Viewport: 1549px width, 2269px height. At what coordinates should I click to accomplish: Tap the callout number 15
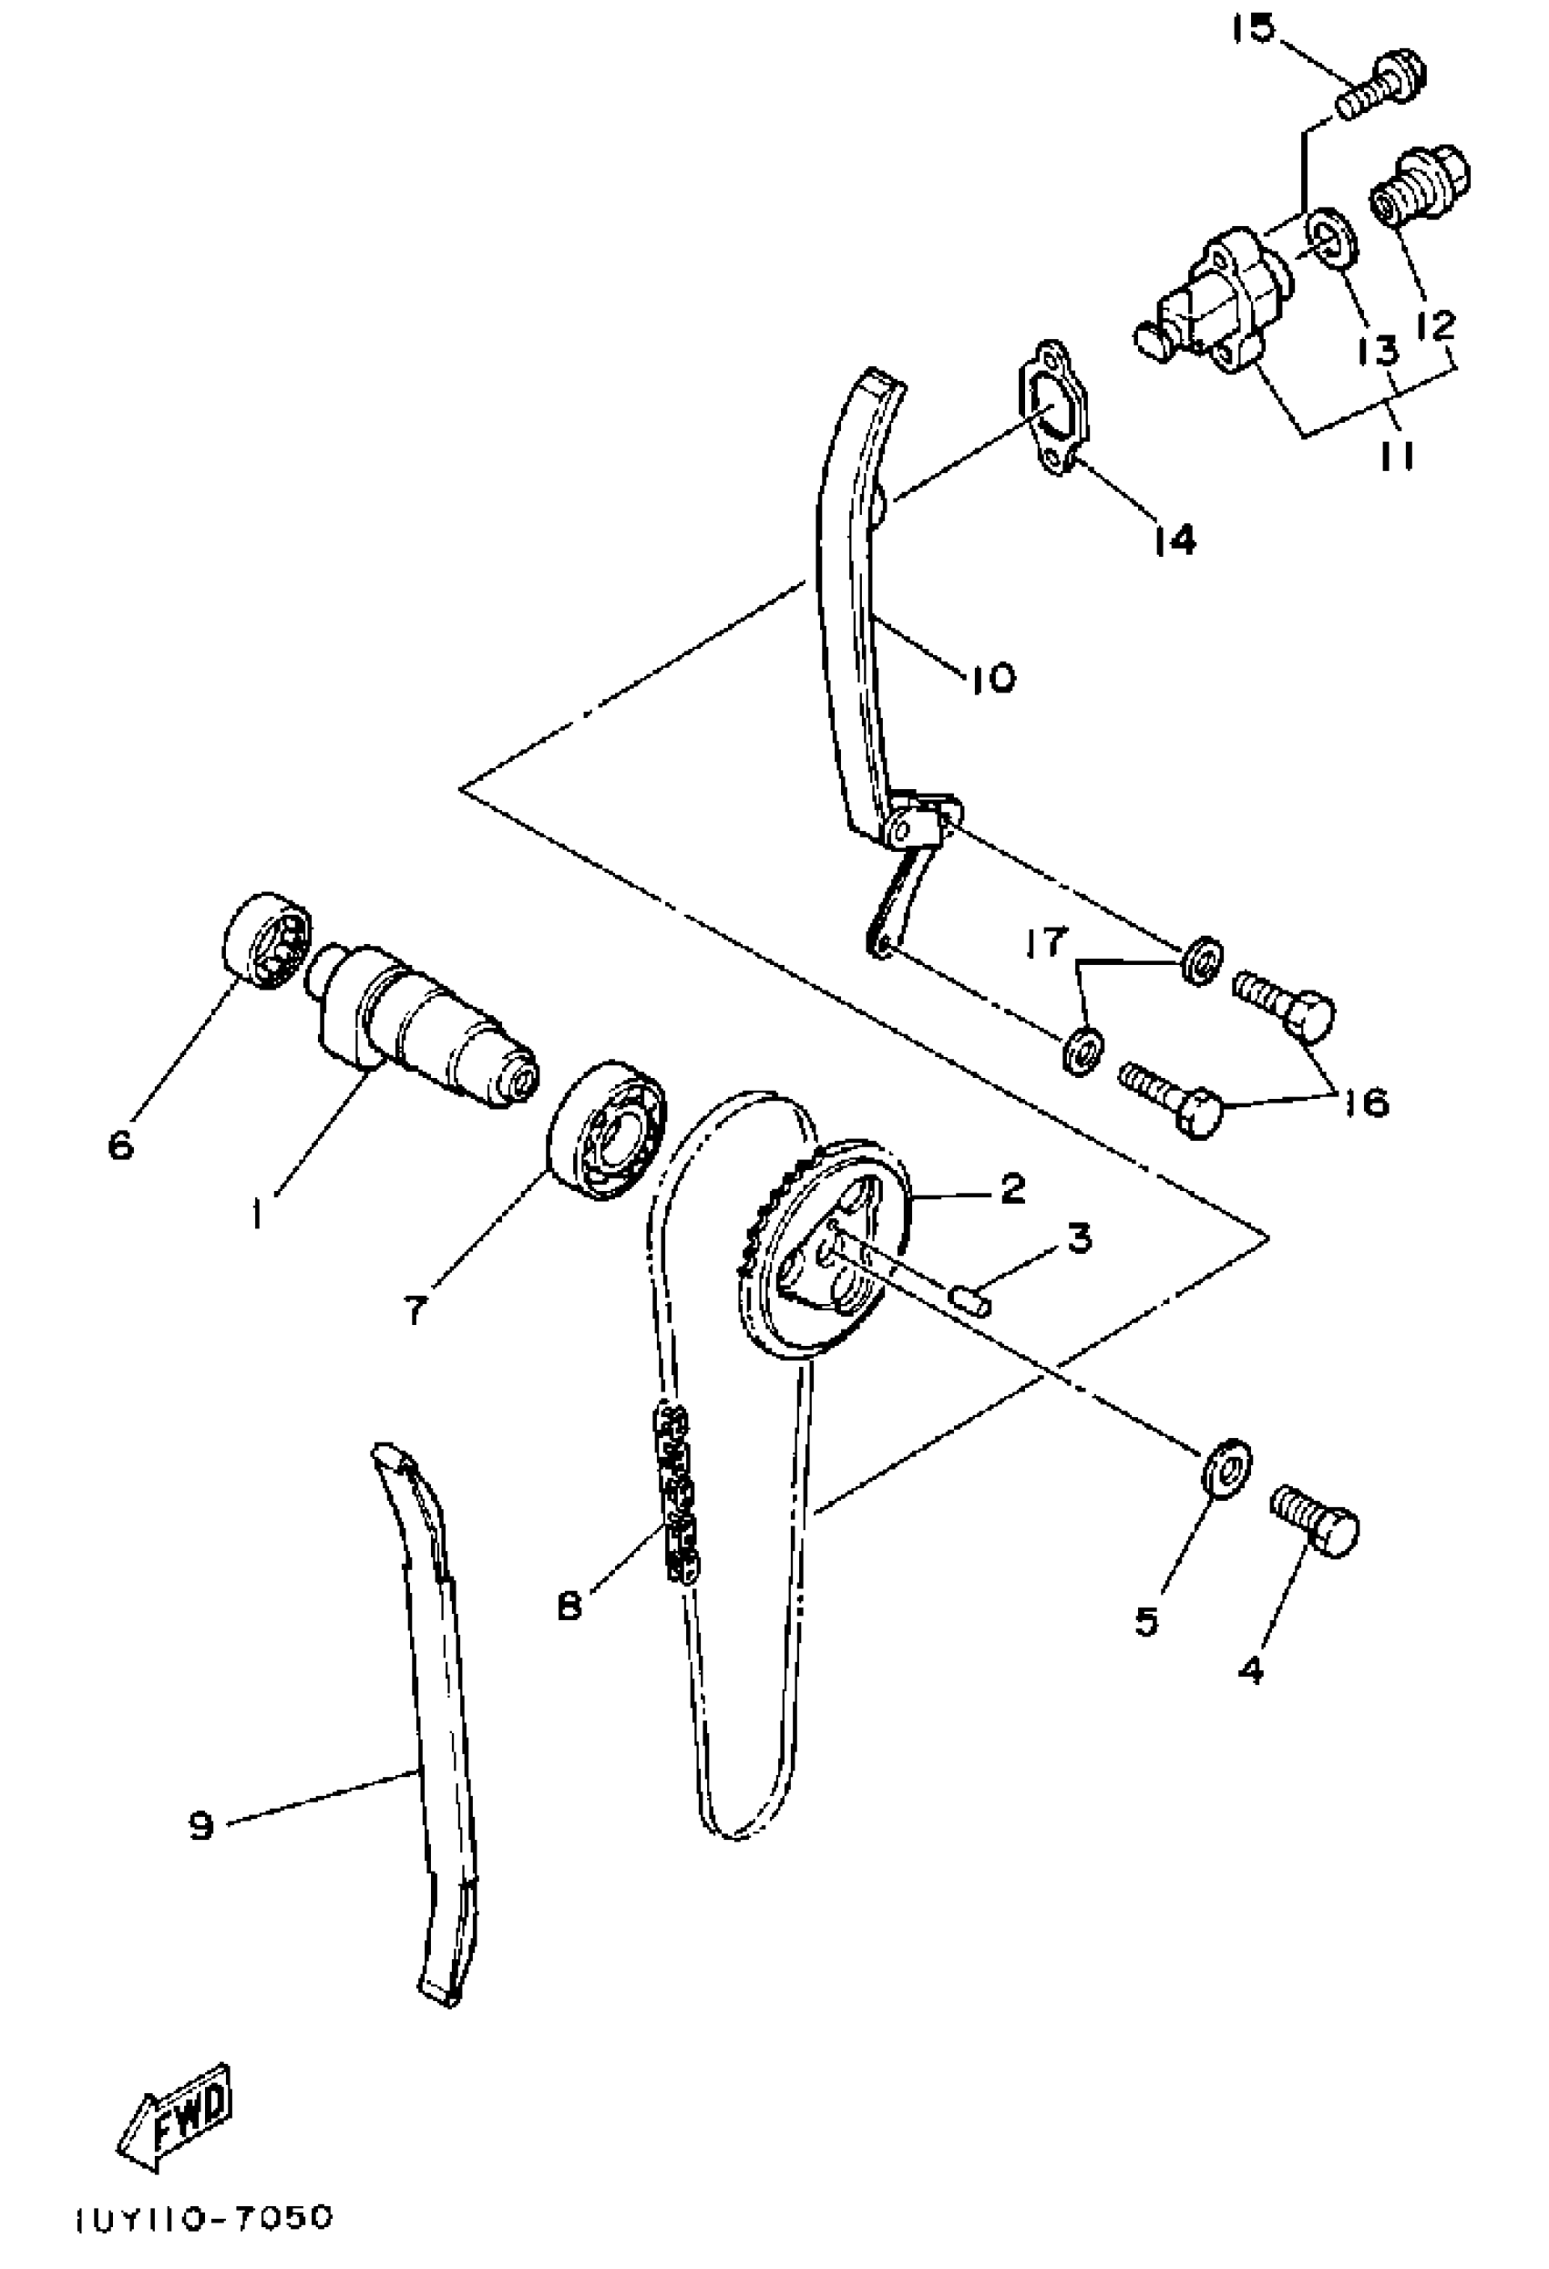coord(1252,29)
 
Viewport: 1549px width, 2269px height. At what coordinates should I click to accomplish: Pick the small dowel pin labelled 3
coord(970,1300)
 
